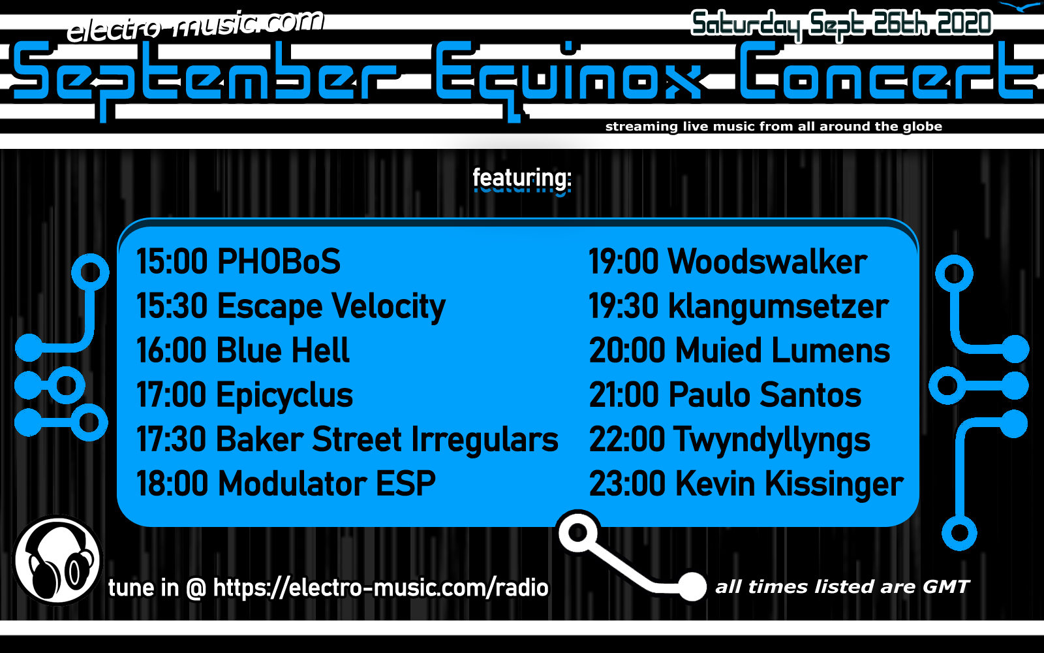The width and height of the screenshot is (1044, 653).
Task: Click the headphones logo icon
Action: click(x=57, y=560)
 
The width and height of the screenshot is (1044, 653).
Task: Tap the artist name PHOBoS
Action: click(x=279, y=261)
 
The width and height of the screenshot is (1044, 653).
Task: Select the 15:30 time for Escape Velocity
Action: click(x=172, y=306)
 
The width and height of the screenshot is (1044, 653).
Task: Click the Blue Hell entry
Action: click(x=283, y=350)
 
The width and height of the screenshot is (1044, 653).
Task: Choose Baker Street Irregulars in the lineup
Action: click(x=387, y=439)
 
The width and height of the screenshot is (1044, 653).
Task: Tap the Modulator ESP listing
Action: click(x=326, y=484)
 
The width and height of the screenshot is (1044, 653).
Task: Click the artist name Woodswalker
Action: click(x=767, y=261)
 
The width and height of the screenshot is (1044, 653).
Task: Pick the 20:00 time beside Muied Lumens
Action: click(x=627, y=350)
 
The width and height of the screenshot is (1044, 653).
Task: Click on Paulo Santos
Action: click(x=765, y=395)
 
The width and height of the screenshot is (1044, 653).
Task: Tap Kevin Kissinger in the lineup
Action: click(x=789, y=484)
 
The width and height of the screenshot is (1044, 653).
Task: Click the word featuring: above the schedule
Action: click(x=522, y=180)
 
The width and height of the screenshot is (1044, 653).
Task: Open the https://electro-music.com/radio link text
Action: click(x=381, y=587)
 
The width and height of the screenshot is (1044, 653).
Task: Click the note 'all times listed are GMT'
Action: click(x=842, y=587)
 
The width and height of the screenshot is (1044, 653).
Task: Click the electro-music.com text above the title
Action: click(x=195, y=26)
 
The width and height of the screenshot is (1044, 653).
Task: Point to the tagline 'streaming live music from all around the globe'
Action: click(x=774, y=127)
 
